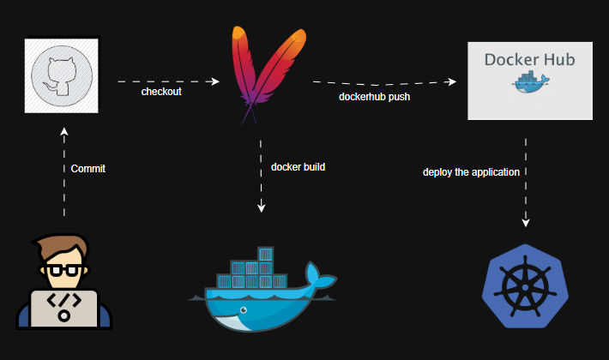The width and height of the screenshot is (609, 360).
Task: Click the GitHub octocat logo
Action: click(x=62, y=74)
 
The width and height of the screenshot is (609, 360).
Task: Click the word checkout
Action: click(x=161, y=92)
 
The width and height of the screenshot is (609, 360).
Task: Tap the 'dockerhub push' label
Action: click(x=374, y=97)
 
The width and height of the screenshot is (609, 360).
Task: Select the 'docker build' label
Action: click(x=298, y=166)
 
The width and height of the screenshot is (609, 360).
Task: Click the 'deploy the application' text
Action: click(x=471, y=172)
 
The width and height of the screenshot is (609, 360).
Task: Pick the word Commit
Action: click(x=87, y=169)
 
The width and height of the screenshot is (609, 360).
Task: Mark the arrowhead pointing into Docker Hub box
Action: click(x=455, y=82)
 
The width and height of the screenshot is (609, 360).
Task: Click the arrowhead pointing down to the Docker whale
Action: click(x=261, y=208)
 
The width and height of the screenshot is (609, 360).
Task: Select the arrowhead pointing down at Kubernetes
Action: click(x=526, y=224)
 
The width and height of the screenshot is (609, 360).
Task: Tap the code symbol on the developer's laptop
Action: click(x=63, y=304)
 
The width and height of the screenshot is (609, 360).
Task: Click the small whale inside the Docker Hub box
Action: click(x=529, y=83)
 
